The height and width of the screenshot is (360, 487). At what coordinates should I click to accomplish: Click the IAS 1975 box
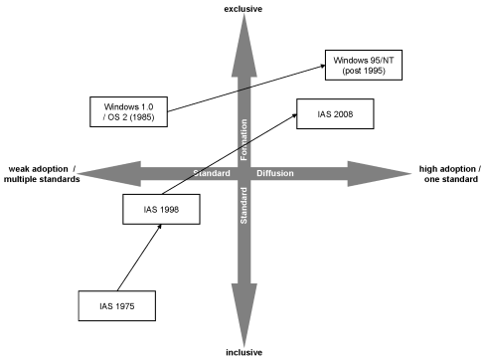[118, 304]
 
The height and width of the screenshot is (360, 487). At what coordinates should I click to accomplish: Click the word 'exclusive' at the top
[243, 9]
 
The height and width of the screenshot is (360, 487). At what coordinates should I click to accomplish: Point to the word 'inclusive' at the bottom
[243, 351]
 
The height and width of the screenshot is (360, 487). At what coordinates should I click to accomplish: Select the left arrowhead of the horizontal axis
[92, 173]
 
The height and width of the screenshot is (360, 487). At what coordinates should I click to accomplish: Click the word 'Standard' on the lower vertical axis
[243, 205]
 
